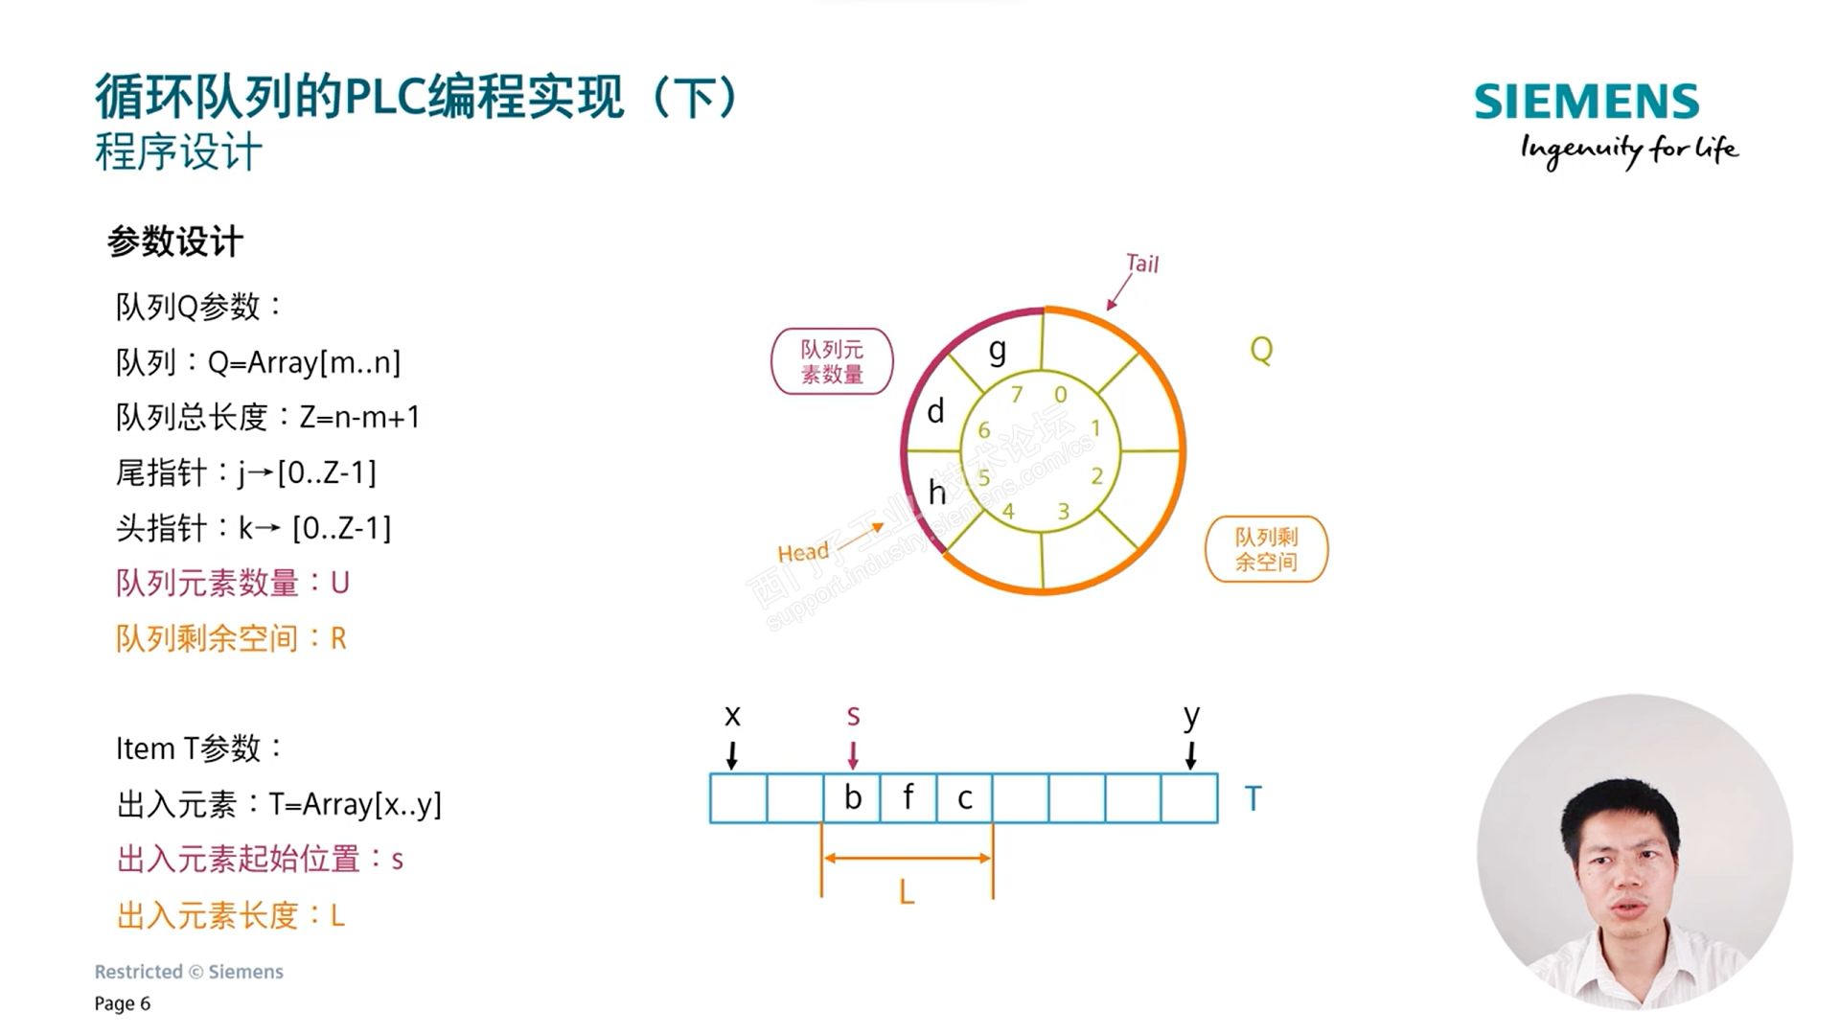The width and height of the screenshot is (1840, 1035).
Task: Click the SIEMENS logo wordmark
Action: pos(1586,102)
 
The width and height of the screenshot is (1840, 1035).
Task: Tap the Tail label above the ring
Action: pos(1141,264)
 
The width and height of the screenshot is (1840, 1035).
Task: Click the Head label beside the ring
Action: pos(803,553)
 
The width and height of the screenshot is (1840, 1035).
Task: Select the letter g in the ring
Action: pos(998,351)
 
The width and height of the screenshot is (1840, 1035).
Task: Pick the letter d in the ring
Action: pos(935,412)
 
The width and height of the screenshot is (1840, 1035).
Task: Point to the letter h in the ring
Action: pos(936,493)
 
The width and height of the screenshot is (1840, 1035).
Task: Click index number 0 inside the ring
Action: pos(1060,394)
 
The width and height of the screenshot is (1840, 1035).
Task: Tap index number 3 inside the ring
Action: pos(1063,512)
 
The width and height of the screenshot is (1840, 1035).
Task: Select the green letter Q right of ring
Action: pos(1261,350)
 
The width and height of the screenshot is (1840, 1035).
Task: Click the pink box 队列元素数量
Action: pos(832,362)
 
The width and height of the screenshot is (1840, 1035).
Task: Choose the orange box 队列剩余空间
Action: pos(1266,549)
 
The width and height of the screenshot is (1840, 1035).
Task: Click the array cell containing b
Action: pos(852,798)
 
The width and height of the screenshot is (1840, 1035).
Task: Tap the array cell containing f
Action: pos(908,798)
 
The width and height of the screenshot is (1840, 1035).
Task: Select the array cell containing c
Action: pos(964,798)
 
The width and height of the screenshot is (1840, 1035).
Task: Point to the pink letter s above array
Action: pos(853,715)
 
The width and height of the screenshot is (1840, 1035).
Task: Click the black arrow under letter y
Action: pos(1190,754)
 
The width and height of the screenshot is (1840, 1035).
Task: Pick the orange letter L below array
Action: pos(907,893)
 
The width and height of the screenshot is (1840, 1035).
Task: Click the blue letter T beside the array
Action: pos(1253,798)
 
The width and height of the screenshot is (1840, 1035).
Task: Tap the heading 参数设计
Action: pos(175,241)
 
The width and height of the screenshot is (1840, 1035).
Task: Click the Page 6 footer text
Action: pos(123,1003)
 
